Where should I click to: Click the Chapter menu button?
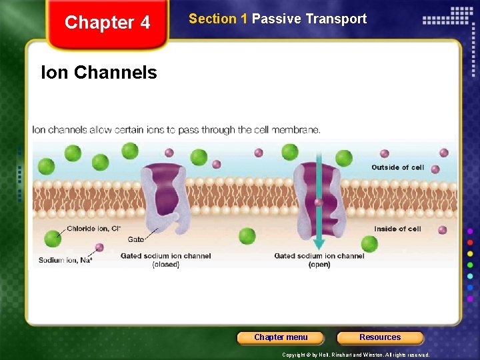(x=281, y=337)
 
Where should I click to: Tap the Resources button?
(x=380, y=337)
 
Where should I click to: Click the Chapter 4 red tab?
(x=107, y=23)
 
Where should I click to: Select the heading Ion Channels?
(x=99, y=72)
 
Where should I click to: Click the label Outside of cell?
(x=397, y=167)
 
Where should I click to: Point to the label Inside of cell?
(x=397, y=229)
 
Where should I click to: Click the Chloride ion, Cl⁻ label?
(x=93, y=229)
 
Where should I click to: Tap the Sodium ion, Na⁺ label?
(x=65, y=260)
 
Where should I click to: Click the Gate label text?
(x=135, y=239)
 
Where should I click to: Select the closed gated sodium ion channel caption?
(x=165, y=260)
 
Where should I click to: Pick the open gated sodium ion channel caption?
(x=319, y=260)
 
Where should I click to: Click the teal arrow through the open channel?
(x=319, y=200)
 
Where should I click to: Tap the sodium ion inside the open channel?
(x=319, y=203)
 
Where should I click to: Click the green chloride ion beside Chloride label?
(x=53, y=238)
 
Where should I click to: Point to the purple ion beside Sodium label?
(x=99, y=247)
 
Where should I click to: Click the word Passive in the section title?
(x=277, y=19)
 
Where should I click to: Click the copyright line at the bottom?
(x=356, y=355)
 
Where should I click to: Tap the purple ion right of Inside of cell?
(x=442, y=230)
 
